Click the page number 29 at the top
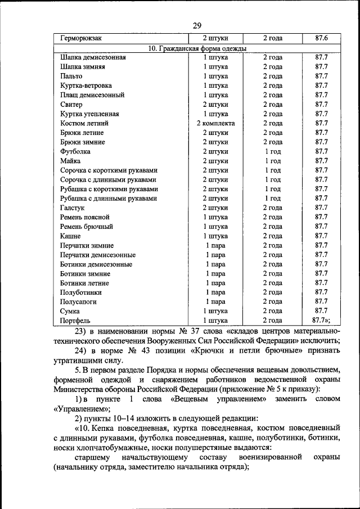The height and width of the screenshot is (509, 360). click(197, 25)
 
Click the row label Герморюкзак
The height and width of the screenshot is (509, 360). click(81, 38)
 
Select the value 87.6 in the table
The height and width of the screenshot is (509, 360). click(321, 38)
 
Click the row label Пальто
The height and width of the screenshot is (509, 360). click(71, 76)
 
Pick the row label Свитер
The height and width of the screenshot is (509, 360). click(71, 105)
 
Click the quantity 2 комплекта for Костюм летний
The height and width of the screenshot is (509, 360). click(215, 123)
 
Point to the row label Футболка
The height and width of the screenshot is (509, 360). click(75, 151)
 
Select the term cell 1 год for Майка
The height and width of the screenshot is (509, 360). click(272, 161)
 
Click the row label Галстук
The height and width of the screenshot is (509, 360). click(73, 208)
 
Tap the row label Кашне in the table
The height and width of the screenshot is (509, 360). click(71, 236)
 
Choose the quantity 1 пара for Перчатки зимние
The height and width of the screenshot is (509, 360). click(215, 245)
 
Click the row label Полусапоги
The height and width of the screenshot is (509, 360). click(78, 301)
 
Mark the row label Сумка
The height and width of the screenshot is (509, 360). click(70, 311)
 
